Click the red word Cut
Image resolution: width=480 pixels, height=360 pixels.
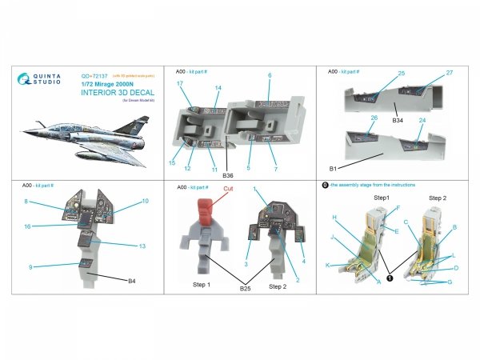228,190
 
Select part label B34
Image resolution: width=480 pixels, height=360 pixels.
398,119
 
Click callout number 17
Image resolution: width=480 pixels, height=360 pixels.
180,84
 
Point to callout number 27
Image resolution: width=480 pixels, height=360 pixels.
450,73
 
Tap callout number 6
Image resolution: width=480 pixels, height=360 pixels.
270,74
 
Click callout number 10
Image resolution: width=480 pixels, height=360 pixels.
145,201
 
